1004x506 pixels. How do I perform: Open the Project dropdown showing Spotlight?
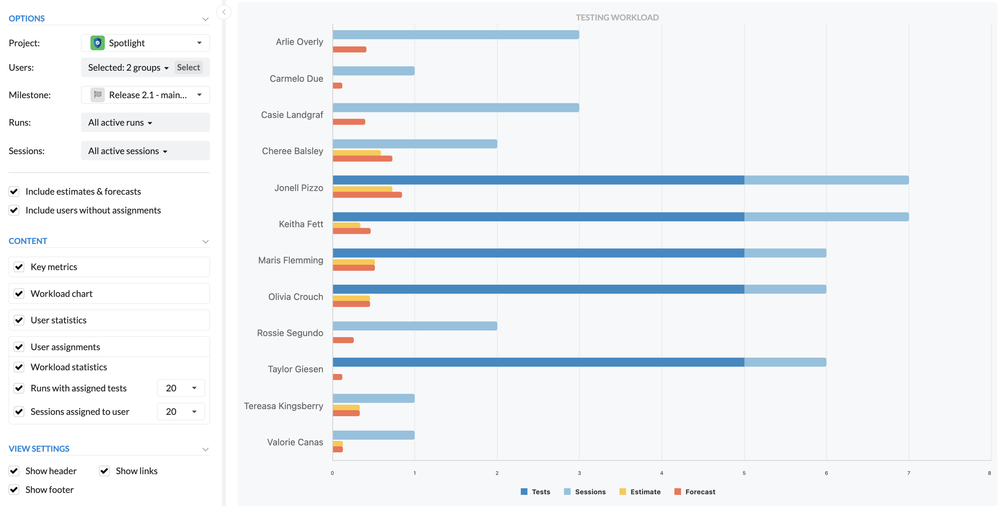(x=145, y=43)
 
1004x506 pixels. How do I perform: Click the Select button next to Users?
(x=188, y=68)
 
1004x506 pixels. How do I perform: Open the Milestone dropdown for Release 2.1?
(x=145, y=95)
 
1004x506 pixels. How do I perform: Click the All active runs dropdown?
(x=120, y=122)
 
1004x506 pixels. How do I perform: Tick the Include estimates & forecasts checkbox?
(x=14, y=192)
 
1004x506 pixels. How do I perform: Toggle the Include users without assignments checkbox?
(x=14, y=210)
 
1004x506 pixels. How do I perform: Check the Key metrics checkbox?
(x=19, y=267)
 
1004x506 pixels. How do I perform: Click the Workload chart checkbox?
(x=19, y=294)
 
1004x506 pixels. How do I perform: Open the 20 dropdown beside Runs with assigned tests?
(x=181, y=388)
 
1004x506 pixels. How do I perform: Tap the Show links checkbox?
(x=104, y=471)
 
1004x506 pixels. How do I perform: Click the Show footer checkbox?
(x=14, y=490)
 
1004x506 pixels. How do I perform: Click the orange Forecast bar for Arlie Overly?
(x=349, y=49)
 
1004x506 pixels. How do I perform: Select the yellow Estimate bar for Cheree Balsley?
(x=357, y=153)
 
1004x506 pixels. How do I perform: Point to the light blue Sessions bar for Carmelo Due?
(x=374, y=71)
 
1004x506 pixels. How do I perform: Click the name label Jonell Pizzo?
(x=299, y=188)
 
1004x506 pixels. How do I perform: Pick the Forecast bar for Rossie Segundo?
(x=343, y=340)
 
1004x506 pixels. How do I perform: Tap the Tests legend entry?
(x=535, y=492)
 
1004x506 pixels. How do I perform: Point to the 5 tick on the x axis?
(x=744, y=473)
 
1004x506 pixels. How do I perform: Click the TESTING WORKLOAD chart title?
(x=617, y=17)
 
